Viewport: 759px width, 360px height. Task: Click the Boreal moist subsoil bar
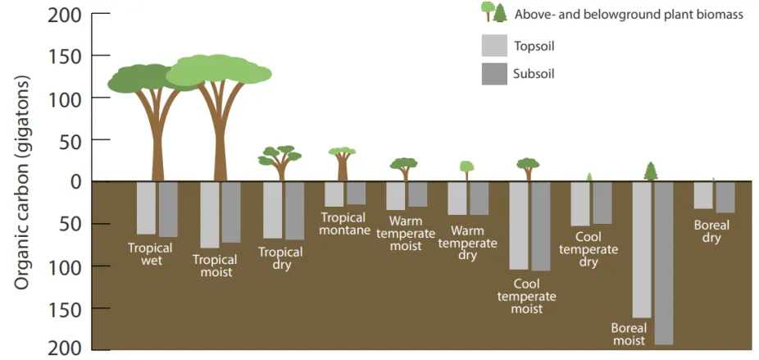pos(663,262)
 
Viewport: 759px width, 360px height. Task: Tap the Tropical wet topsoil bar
pos(146,208)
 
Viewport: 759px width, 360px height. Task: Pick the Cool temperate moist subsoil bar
pos(540,226)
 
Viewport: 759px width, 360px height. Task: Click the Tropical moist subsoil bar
pos(231,212)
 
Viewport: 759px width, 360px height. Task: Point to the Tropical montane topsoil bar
pos(334,194)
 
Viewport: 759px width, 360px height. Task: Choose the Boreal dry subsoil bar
pos(725,197)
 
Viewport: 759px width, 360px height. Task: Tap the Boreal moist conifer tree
pos(651,171)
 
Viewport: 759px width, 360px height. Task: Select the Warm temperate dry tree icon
pos(466,170)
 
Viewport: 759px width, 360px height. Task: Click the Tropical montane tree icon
pos(342,163)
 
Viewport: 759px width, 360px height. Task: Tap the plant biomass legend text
pos(629,14)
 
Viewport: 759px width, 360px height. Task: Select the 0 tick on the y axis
pos(76,181)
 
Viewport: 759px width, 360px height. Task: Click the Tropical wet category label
pos(150,254)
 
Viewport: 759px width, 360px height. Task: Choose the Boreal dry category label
pos(711,232)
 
